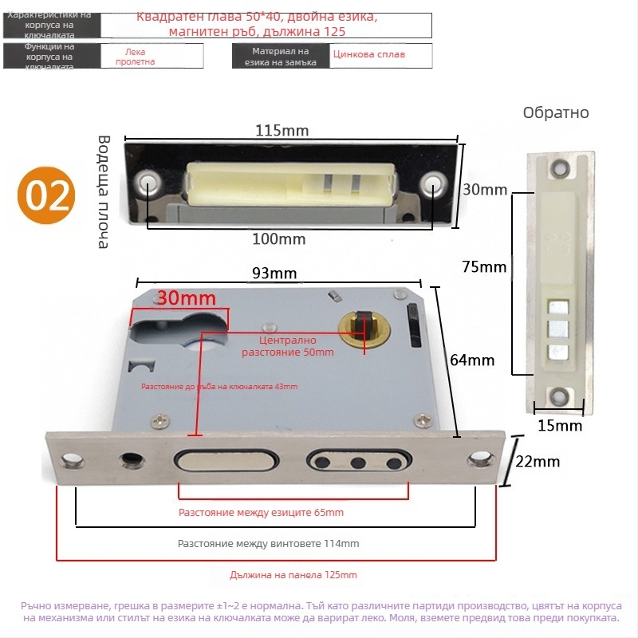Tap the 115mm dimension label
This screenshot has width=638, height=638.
(x=282, y=131)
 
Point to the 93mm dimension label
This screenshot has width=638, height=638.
(x=274, y=273)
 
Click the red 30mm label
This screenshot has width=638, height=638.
(x=187, y=298)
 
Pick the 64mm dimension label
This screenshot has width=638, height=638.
(x=472, y=360)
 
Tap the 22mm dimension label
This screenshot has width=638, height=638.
(x=538, y=461)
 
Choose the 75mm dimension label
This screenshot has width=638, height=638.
(x=484, y=266)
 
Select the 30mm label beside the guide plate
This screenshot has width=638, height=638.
(x=485, y=190)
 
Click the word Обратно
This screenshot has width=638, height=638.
(x=556, y=113)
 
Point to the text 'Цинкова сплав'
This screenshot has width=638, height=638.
(x=369, y=55)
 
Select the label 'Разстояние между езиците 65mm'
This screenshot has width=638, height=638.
(x=261, y=513)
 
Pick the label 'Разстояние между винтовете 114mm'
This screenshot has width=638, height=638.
(x=268, y=544)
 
